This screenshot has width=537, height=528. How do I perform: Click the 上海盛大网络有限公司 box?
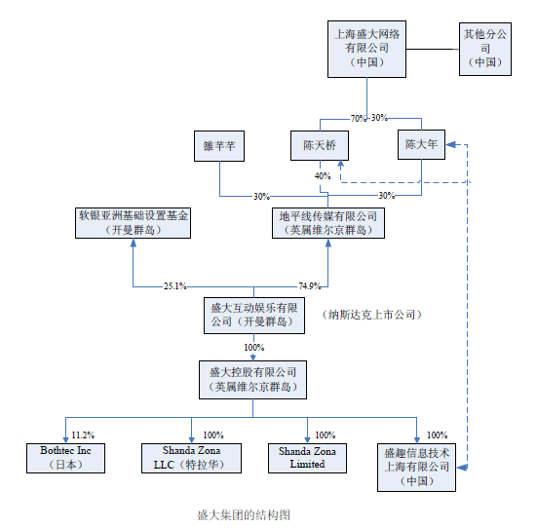[366, 49]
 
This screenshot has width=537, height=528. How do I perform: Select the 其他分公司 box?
[485, 49]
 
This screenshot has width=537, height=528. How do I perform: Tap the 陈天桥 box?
[320, 145]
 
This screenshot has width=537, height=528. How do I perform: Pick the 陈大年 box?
[421, 144]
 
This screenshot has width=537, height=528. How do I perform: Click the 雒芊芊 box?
[219, 146]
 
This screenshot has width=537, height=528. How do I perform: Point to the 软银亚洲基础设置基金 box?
[133, 223]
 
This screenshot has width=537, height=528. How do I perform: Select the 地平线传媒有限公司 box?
[328, 223]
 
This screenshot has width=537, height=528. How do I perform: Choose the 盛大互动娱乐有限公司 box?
[254, 316]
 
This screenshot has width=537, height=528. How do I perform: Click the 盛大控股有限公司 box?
[252, 380]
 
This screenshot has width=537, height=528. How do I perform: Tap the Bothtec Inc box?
[65, 458]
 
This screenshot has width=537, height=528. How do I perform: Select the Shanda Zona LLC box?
[191, 458]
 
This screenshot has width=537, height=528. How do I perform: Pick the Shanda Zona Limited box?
[307, 458]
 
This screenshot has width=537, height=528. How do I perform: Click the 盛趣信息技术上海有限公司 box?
[416, 468]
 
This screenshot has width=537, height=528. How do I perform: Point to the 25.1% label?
[175, 286]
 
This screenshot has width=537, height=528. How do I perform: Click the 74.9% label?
[310, 285]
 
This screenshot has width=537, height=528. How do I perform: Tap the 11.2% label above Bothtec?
[83, 435]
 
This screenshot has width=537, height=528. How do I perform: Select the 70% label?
[359, 119]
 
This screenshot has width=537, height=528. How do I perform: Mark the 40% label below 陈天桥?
[323, 176]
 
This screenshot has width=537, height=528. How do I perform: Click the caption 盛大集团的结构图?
[244, 514]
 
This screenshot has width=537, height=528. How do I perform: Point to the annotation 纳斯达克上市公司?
[371, 315]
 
